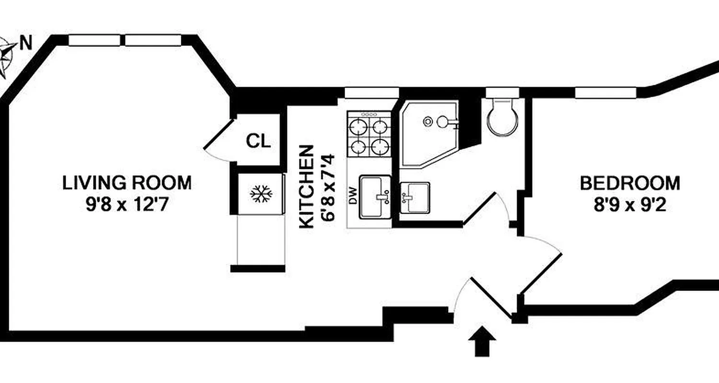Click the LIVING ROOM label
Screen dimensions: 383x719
(127, 183)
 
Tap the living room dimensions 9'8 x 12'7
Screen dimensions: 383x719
(127, 205)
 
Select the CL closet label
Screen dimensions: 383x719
(258, 141)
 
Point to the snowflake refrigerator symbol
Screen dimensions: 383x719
(261, 194)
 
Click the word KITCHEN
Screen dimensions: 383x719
(307, 186)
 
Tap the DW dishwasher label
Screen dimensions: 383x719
(354, 196)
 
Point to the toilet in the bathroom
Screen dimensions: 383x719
(502, 118)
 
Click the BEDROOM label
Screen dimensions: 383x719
(630, 183)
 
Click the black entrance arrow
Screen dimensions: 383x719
(482, 342)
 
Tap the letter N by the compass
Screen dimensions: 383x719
(25, 45)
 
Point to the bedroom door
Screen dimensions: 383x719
(542, 273)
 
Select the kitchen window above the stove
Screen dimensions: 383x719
(372, 92)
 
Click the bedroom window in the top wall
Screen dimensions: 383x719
(605, 92)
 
